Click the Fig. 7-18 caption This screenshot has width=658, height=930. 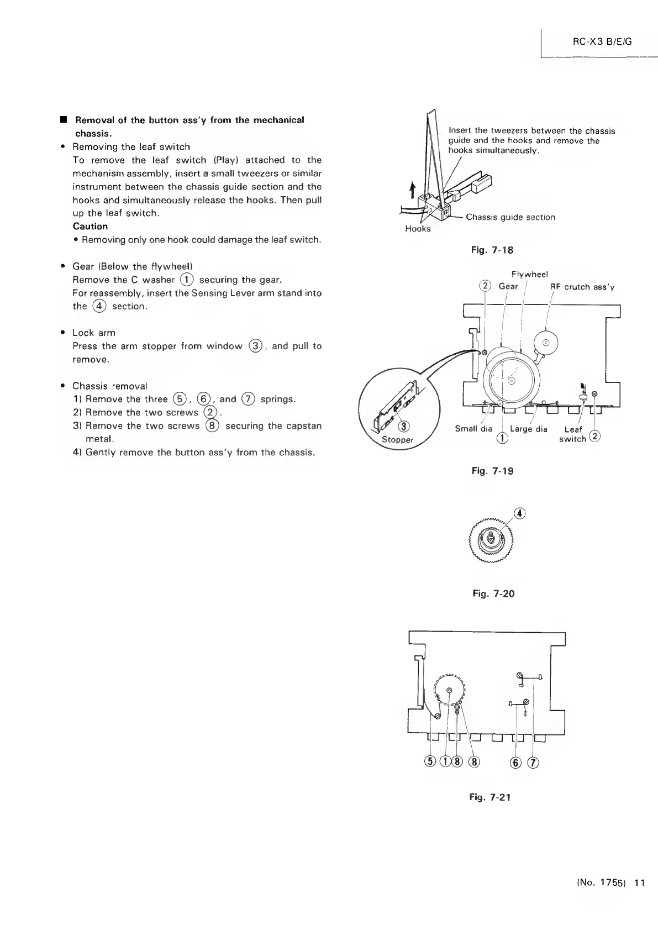click(x=492, y=250)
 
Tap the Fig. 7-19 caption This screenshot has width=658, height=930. click(x=492, y=471)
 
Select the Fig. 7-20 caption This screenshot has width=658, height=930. click(x=493, y=593)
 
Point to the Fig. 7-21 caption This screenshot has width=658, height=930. click(x=490, y=797)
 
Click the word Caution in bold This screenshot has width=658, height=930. click(x=90, y=226)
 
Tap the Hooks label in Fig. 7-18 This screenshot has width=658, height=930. click(x=418, y=229)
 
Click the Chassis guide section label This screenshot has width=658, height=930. click(x=510, y=217)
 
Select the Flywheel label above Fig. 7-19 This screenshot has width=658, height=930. click(x=529, y=274)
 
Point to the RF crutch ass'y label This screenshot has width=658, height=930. click(x=582, y=287)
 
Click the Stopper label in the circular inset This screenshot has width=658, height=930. click(x=398, y=440)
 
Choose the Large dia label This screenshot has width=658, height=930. click(x=529, y=429)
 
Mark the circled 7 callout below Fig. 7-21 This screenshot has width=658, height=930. click(x=533, y=763)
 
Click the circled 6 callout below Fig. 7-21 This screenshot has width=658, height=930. click(x=516, y=763)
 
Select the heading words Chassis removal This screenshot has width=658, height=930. click(x=110, y=386)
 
